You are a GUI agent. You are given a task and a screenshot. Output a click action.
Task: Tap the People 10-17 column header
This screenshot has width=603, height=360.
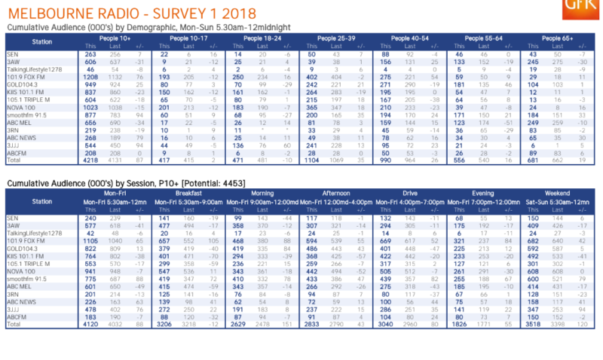pos(185,36)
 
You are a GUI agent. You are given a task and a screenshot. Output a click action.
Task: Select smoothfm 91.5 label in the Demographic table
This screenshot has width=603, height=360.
pos(30,114)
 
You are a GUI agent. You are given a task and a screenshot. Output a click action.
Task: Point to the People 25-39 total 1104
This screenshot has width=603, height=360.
pos(311,160)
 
